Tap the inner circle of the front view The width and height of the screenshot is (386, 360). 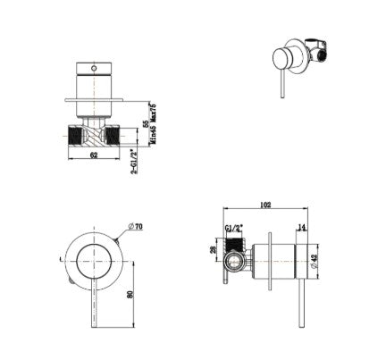90,260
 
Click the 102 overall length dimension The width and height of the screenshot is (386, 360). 265,204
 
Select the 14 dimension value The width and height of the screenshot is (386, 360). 301,228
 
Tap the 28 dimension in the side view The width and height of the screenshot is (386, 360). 213,252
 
